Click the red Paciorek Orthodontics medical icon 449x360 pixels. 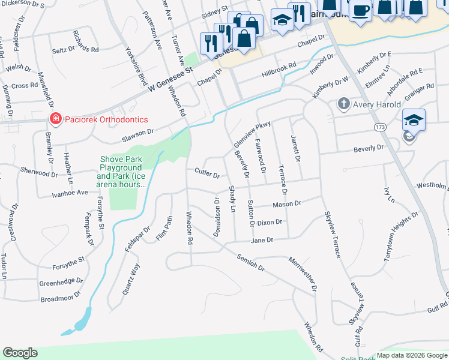point(55,119)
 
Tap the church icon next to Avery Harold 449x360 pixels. point(343,104)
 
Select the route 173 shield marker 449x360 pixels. point(379,127)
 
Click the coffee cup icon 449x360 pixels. point(360,10)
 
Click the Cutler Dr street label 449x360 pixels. point(207,172)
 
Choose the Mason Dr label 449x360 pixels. point(286,205)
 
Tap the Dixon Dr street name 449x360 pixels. point(269,223)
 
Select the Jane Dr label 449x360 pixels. point(262,239)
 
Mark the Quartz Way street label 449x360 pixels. point(131,279)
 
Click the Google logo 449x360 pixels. point(20,353)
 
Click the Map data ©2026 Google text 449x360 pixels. point(411,355)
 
